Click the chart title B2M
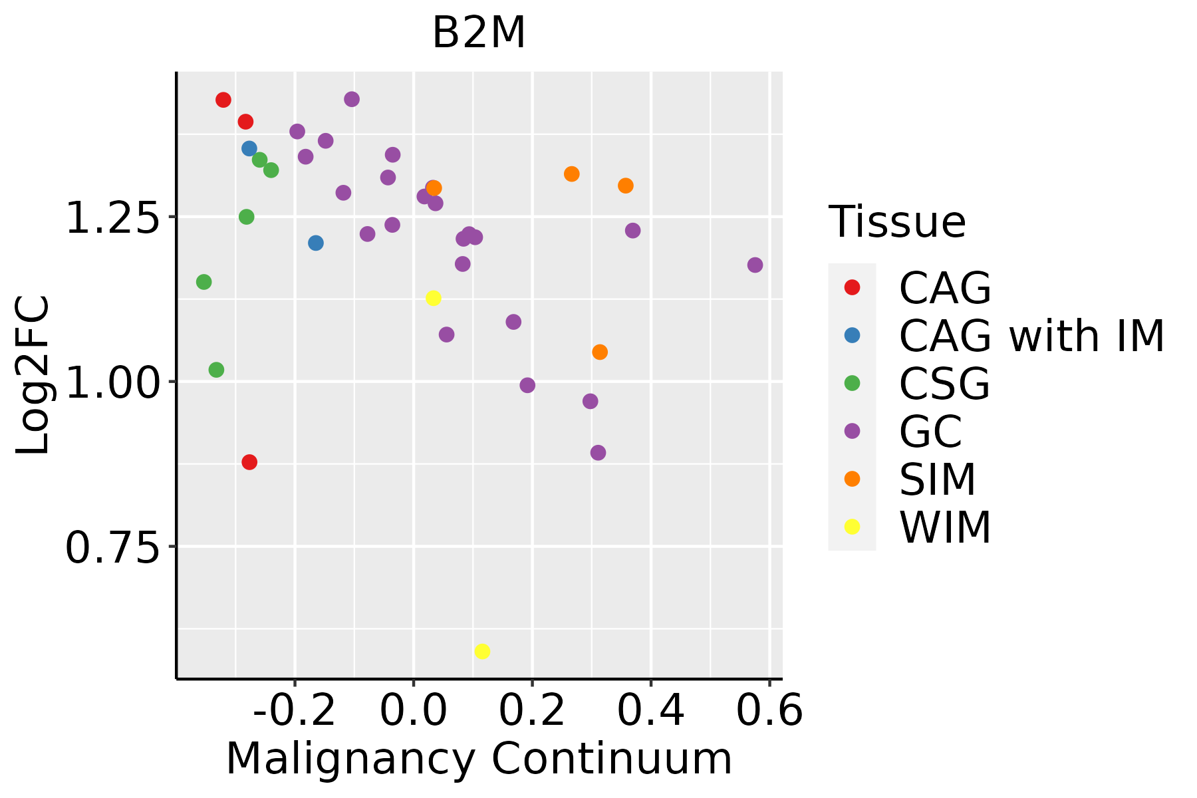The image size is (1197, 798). point(479,33)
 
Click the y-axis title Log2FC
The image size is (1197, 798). point(33,375)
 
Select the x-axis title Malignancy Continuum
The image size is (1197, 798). point(479,759)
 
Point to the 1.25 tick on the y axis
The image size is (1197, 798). point(113,217)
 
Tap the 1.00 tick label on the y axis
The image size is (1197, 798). point(113,382)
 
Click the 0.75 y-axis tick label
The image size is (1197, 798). point(113,547)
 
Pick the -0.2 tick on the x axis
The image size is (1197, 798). point(294,712)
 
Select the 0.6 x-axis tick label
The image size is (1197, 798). point(769,712)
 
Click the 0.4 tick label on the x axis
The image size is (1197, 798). point(651,712)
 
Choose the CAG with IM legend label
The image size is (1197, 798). point(1031,336)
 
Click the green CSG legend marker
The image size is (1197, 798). point(852,383)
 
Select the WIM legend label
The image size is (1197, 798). point(945,527)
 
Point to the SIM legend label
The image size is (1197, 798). point(938,479)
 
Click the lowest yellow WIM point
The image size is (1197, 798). point(483,651)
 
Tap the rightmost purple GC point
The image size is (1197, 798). point(755,265)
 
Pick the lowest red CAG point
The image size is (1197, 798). point(249,462)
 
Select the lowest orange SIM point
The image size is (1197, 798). point(600,352)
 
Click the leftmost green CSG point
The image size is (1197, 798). point(204,282)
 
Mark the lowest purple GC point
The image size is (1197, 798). point(598,453)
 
